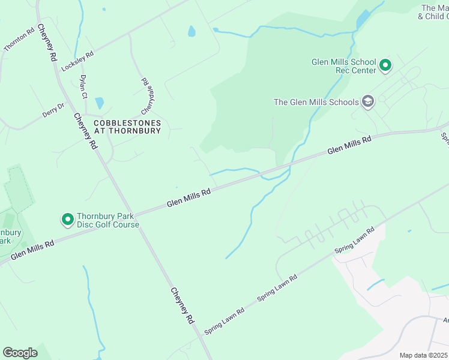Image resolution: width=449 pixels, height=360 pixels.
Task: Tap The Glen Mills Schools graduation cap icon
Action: [x=367, y=102]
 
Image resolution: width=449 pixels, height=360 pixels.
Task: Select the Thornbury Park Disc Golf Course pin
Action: [x=67, y=220]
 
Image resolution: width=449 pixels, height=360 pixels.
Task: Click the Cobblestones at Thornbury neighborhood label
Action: [x=127, y=127]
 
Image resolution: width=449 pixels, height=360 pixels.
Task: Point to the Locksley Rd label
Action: [x=77, y=62]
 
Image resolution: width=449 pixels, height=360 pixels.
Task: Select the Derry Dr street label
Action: [x=53, y=111]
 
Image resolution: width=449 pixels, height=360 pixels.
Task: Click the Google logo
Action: [x=20, y=353]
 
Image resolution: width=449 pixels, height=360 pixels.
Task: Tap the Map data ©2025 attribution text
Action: [x=423, y=355]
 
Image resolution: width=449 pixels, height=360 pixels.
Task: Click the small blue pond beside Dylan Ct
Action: [x=99, y=103]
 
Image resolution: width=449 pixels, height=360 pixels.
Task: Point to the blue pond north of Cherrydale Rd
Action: [x=191, y=31]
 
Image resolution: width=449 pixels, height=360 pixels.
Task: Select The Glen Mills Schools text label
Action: [x=316, y=102]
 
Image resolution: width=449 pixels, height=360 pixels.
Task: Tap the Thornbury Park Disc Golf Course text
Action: [x=107, y=221]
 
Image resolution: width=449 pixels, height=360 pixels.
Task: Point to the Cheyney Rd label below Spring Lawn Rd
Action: [x=182, y=307]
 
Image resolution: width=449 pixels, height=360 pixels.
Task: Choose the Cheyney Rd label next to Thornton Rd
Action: [x=46, y=43]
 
